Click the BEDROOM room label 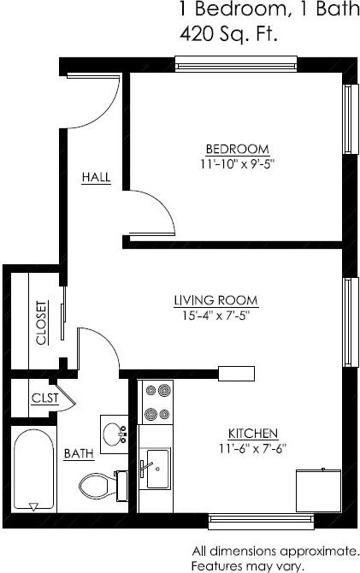pos(238,149)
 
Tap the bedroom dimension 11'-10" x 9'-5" pos(237,164)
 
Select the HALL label pos(96,177)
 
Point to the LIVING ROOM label pos(216,300)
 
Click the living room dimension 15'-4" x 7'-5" pos(215,316)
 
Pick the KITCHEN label pos(253,434)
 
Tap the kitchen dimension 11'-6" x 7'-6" pos(252,448)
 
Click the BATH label pos(79,453)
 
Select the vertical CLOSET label pos(42,322)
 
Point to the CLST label pos(45,398)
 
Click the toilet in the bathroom pos(103,486)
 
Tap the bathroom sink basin pos(113,434)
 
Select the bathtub pos(33,470)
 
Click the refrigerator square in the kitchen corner pos(318,490)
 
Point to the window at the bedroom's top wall pos(236,64)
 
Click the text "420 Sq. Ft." pos(227,34)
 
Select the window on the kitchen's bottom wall pos(261,522)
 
